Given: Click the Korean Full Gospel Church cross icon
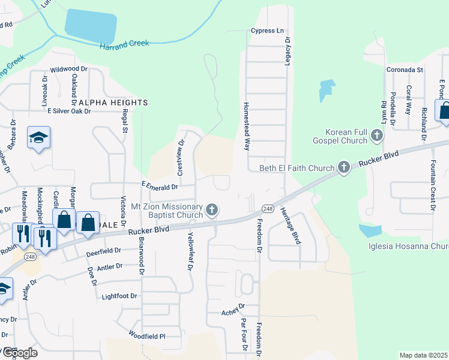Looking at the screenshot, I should [376, 134].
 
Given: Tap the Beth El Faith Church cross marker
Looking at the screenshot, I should [343, 167].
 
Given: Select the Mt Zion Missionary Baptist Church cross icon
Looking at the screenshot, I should [211, 210].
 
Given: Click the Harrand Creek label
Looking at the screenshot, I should [125, 45].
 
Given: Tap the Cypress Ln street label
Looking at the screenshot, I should [267, 31].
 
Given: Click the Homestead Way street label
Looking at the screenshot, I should [246, 125].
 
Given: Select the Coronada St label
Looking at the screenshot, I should [405, 70].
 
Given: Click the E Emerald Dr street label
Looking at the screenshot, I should [160, 185].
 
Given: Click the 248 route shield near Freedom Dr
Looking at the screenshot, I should [268, 208].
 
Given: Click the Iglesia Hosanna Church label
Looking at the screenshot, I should [408, 247].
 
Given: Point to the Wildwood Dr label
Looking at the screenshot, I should [69, 70].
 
